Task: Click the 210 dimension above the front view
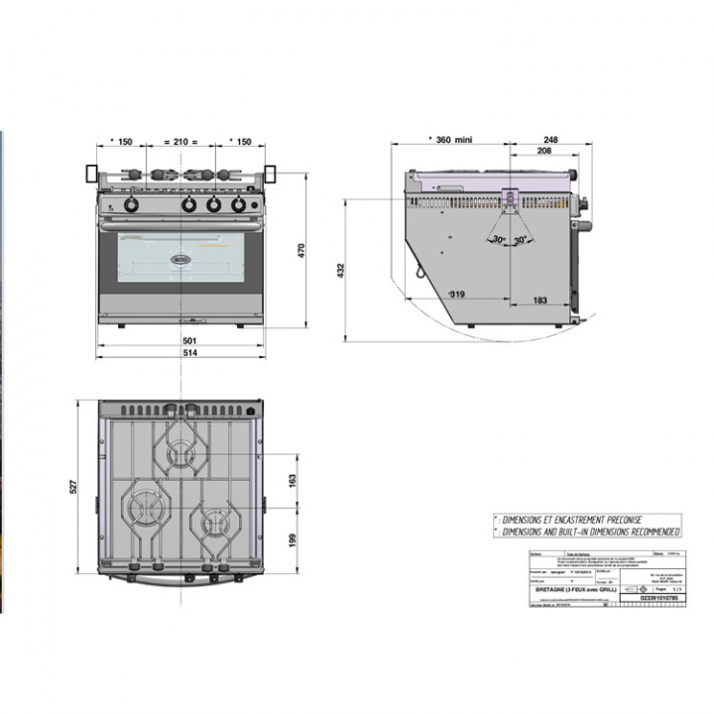pyautogui.click(x=180, y=143)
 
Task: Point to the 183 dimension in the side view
pyautogui.click(x=540, y=300)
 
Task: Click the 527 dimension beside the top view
pyautogui.click(x=85, y=489)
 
